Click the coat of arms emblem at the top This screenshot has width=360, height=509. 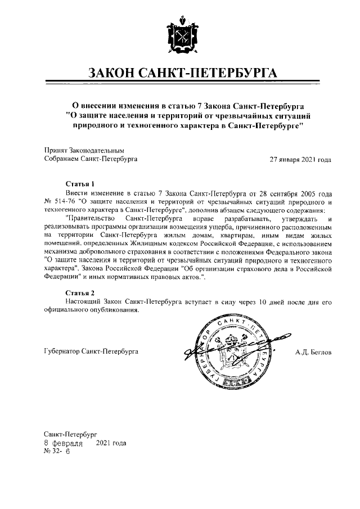point(180,39)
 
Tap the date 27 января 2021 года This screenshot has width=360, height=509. point(300,159)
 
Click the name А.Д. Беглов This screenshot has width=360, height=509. point(313,352)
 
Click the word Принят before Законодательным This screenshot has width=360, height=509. point(55,151)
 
